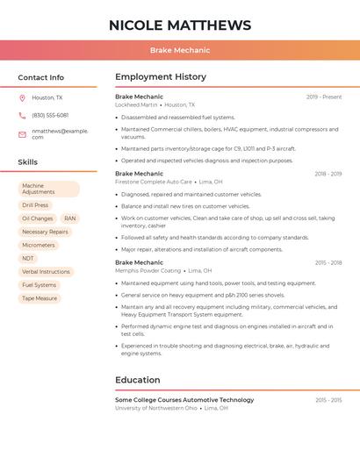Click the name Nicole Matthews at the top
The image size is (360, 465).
[180, 25]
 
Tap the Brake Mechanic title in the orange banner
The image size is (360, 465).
[180, 51]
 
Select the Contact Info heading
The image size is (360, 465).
[41, 77]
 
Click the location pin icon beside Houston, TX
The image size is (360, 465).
[22, 98]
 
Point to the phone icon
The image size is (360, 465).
[22, 115]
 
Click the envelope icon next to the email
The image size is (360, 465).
[22, 133]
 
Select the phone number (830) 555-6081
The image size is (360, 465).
[50, 115]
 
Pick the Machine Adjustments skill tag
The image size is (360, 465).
[48, 189]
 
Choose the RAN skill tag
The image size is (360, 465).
[70, 218]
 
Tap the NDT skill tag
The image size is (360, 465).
[28, 258]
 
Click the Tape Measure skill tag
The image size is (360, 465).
[40, 298]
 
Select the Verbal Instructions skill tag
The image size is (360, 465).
[46, 272]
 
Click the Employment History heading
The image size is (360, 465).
[161, 77]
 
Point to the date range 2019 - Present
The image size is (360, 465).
[324, 97]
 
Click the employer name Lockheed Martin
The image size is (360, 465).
[136, 104]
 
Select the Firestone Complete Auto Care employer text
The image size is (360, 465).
[154, 182]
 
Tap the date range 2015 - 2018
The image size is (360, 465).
[328, 262]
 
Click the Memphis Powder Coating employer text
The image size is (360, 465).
[148, 270]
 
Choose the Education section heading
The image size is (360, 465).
[137, 380]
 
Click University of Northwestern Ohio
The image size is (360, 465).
[156, 408]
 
